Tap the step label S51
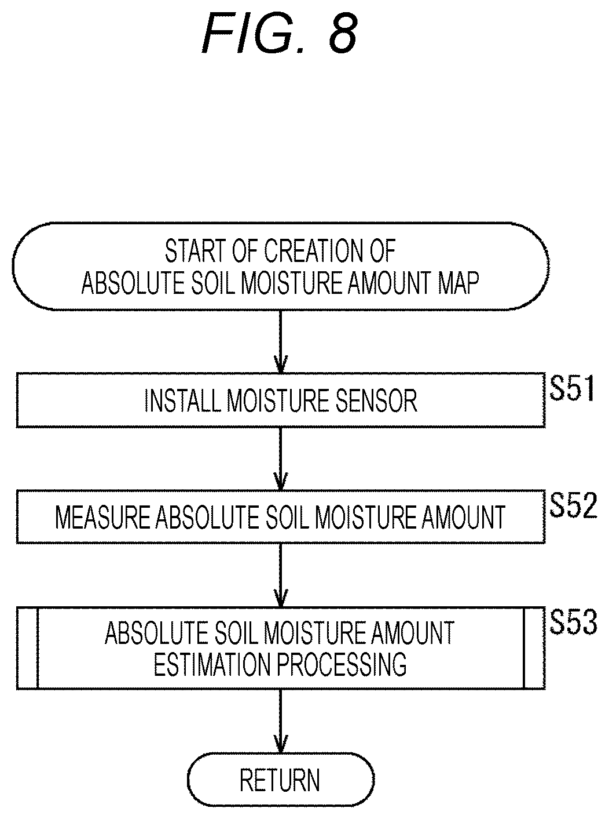point(571,388)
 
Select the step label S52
point(573,505)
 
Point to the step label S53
point(573,622)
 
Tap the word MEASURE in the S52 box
point(102,517)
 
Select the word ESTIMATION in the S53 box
point(212,665)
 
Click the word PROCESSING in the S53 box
point(342,665)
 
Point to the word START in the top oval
point(195,251)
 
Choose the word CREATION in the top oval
point(314,251)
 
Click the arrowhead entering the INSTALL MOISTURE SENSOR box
point(280,365)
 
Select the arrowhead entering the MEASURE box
point(280,482)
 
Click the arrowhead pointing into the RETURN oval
point(280,744)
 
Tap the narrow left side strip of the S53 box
point(27,649)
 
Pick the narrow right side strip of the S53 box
point(534,649)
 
